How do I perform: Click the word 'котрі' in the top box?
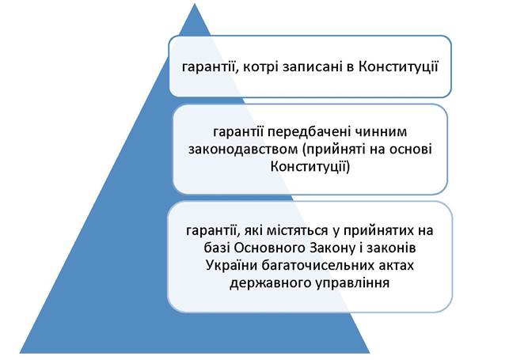(260, 67)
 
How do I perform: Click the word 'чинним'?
(380, 131)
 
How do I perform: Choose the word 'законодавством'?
(243, 149)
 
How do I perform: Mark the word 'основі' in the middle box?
(411, 149)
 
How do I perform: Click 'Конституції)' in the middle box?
(310, 166)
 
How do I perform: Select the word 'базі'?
(217, 248)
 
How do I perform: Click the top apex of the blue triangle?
(195, 4)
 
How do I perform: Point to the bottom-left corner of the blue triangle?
(21, 353)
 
